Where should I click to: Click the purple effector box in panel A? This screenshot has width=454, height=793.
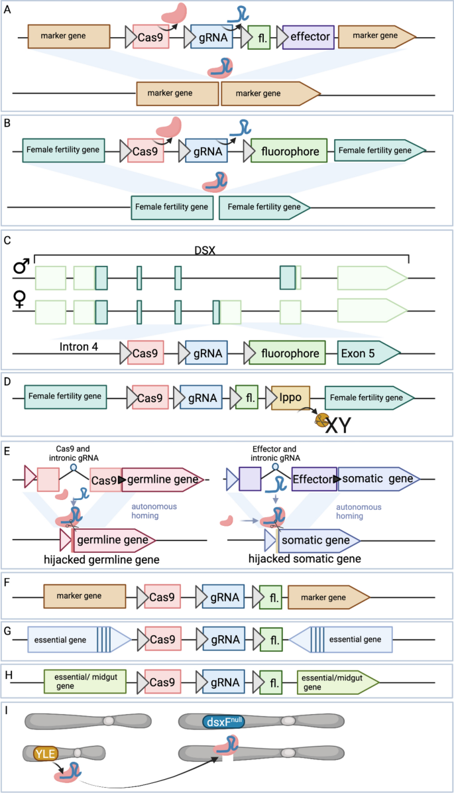[306, 37]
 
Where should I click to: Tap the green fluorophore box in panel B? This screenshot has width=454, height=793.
[289, 152]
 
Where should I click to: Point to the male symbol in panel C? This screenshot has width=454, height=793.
[21, 267]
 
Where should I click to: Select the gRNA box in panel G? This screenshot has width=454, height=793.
[223, 640]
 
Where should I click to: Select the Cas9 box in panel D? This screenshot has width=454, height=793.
[150, 398]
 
